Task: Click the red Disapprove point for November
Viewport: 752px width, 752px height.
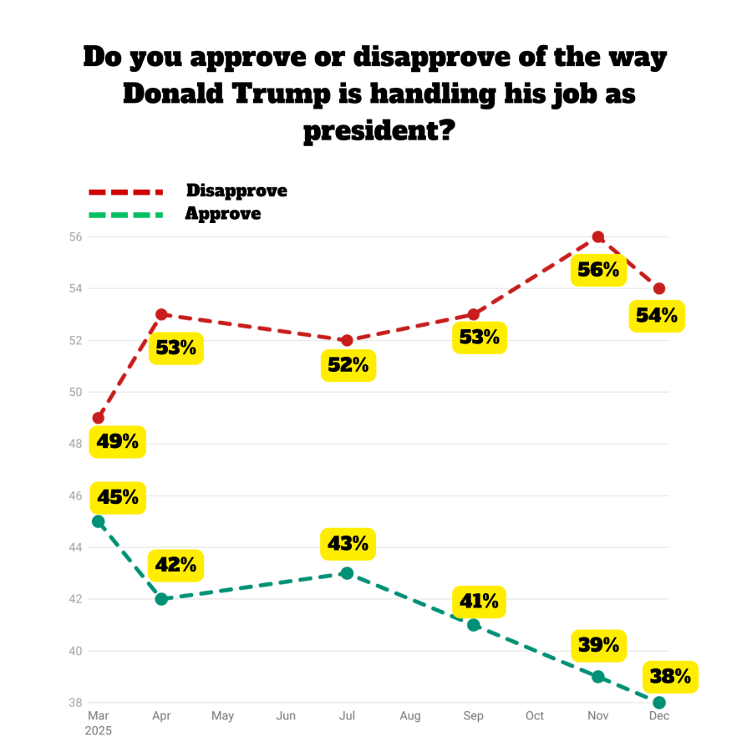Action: tap(597, 237)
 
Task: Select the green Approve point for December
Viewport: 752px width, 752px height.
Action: tap(659, 703)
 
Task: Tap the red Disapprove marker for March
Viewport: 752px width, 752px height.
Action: tap(99, 418)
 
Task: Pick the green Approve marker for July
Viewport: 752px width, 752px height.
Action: tap(348, 573)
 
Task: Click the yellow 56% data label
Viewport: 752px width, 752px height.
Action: tap(597, 270)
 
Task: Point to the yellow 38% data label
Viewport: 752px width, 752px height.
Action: tap(671, 676)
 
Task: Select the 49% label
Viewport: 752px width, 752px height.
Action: tap(118, 440)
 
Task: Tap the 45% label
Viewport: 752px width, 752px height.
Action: tap(118, 497)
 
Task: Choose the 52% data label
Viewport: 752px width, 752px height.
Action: tap(348, 364)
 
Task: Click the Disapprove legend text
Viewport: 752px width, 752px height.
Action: tap(236, 191)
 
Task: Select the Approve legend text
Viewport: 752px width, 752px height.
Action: tap(223, 214)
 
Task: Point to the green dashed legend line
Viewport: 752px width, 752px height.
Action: tap(125, 215)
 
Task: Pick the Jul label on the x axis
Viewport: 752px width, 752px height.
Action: tap(348, 716)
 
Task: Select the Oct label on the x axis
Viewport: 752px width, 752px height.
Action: tap(535, 716)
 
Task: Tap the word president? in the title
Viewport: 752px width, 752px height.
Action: tap(379, 131)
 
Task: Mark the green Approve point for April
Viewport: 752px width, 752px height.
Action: tap(161, 599)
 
